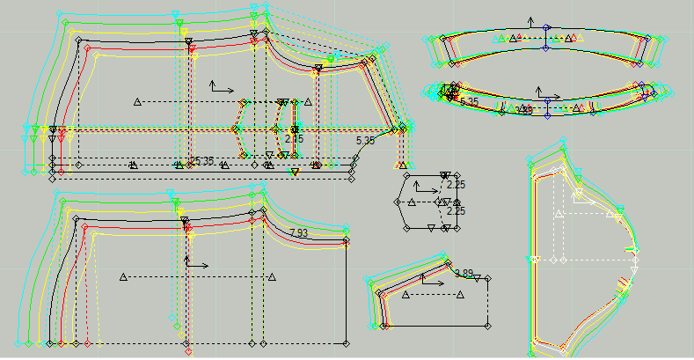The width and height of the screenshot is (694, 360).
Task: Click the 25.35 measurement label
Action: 201,161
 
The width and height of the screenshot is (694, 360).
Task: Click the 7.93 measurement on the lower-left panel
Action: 298,232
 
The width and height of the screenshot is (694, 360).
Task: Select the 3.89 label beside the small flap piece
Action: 463,274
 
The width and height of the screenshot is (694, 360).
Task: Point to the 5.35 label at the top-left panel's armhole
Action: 365,140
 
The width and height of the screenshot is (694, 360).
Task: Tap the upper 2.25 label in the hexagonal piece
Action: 455,185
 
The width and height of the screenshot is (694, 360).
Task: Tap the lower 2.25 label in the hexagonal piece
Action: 455,211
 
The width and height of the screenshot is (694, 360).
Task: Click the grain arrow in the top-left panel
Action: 220,87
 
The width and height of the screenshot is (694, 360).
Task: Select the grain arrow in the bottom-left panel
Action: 194,261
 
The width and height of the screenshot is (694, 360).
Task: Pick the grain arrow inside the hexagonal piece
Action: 425,187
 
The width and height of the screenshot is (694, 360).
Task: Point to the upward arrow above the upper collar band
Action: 530,20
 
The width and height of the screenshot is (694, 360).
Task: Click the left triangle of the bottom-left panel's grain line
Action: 123,277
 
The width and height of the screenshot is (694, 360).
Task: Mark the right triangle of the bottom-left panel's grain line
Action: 271,277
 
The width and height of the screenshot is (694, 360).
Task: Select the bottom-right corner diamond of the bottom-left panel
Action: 346,341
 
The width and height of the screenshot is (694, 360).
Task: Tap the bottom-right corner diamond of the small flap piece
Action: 487,325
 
